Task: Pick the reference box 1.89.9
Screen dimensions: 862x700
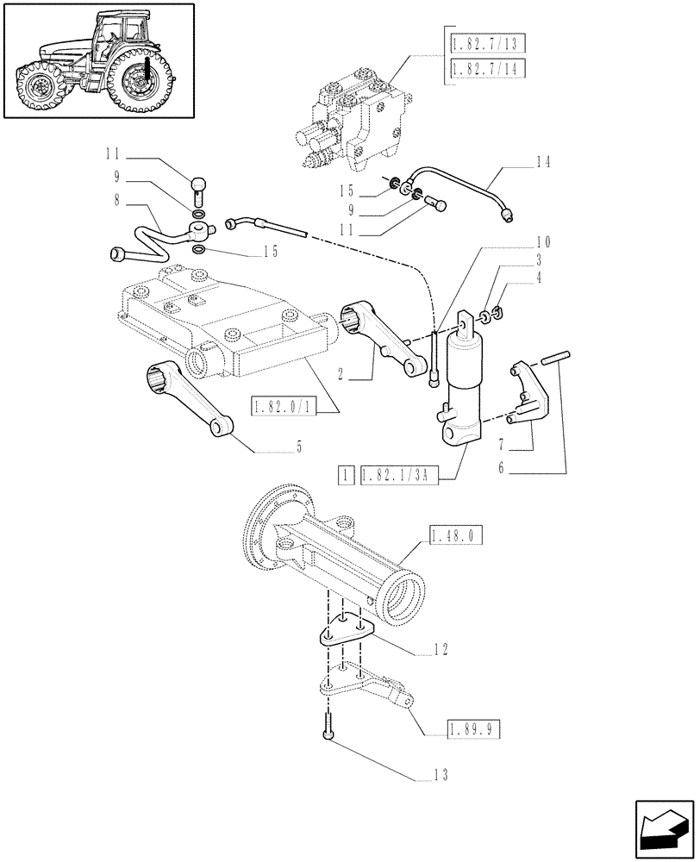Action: click(473, 730)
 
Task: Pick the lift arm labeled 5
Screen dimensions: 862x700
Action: click(187, 401)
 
